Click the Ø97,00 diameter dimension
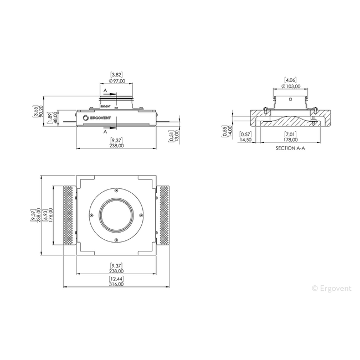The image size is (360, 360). click(x=117, y=81)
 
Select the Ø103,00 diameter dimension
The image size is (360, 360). click(x=291, y=86)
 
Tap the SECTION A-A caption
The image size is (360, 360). click(x=290, y=148)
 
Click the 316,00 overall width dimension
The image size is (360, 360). click(x=116, y=284)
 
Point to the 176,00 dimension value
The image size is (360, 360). click(x=51, y=214)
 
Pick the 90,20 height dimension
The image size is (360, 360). click(x=41, y=111)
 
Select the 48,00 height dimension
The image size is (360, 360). click(x=55, y=118)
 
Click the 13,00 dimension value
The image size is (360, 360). click(x=177, y=137)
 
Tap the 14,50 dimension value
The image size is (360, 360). click(x=245, y=140)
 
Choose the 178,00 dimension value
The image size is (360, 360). click(x=290, y=140)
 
